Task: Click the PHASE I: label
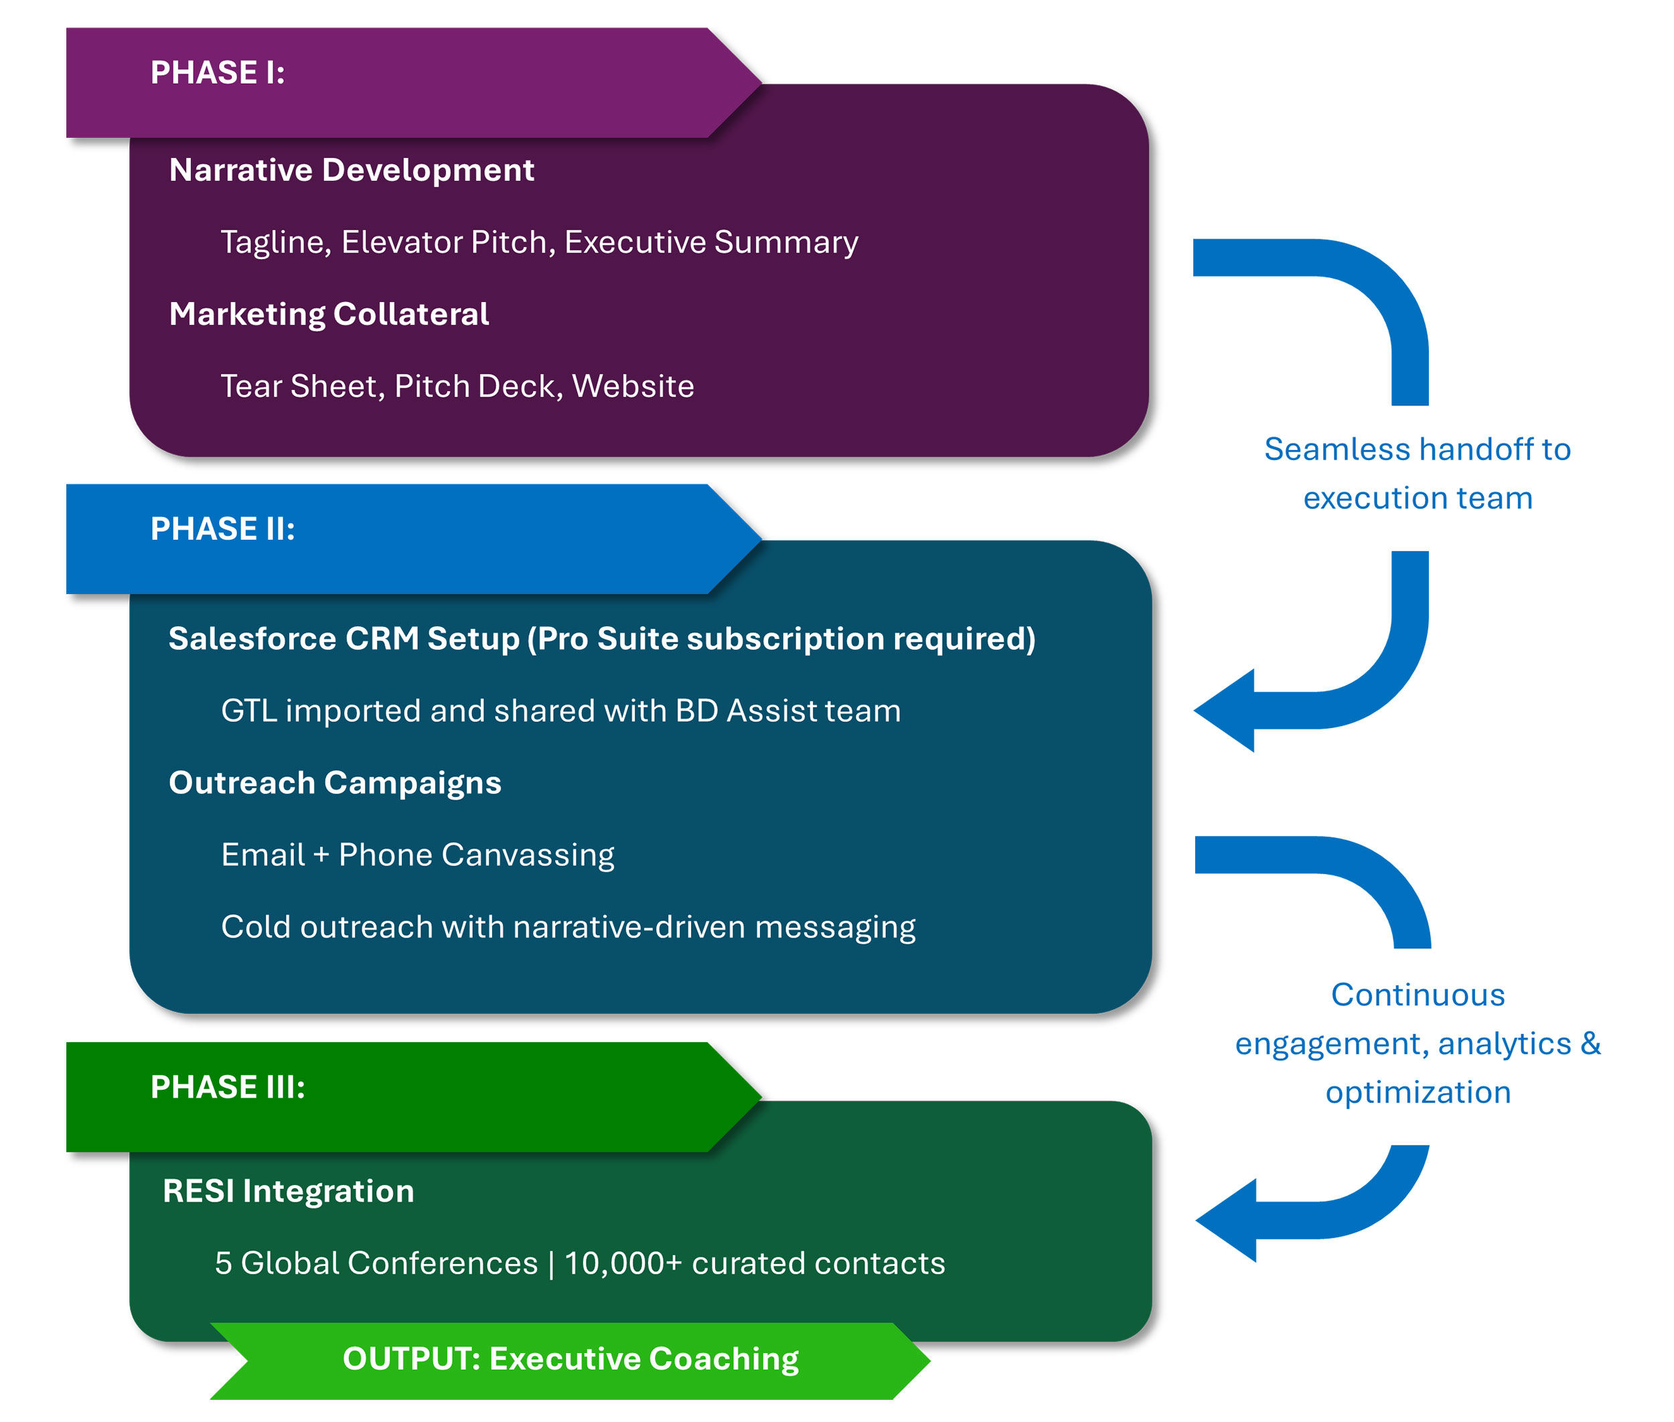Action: (217, 72)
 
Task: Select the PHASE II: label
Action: (222, 529)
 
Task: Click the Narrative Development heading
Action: (352, 170)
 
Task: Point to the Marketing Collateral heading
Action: (329, 314)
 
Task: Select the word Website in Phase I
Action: (633, 386)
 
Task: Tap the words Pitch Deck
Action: (478, 386)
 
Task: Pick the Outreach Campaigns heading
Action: (335, 783)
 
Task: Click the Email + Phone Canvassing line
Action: (417, 855)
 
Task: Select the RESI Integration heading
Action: (289, 1192)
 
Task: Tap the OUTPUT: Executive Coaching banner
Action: (570, 1359)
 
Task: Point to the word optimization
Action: (1418, 1092)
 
